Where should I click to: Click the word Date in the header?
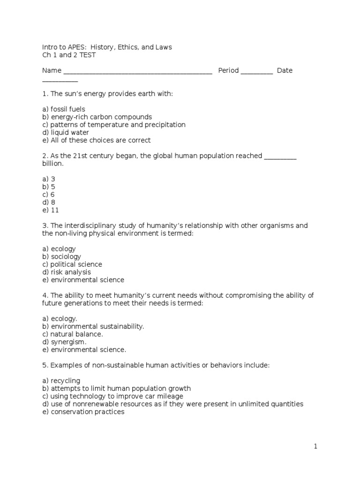tap(285, 70)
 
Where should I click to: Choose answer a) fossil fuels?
tap(63, 109)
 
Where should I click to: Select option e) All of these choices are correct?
tap(96, 140)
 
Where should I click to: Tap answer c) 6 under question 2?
tap(48, 195)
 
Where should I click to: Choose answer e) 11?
tap(50, 210)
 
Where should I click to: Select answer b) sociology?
tap(61, 256)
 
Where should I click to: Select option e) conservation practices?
tap(83, 412)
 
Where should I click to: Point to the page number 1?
tap(315, 447)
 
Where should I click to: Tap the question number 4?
tap(44, 295)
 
